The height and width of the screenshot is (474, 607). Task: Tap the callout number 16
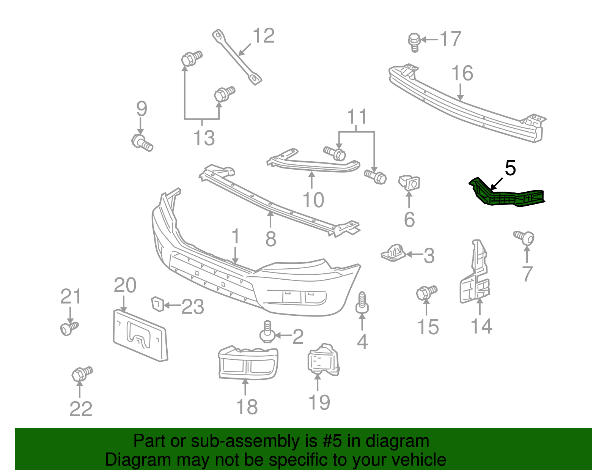pyautogui.click(x=462, y=73)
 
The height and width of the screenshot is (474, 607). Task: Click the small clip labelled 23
pyautogui.click(x=157, y=304)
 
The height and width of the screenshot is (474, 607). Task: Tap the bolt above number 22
pyautogui.click(x=82, y=373)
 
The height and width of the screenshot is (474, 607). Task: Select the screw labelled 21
pyautogui.click(x=69, y=328)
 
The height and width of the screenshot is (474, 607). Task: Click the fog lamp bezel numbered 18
pyautogui.click(x=248, y=363)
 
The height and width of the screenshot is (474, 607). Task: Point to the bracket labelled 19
pyautogui.click(x=322, y=360)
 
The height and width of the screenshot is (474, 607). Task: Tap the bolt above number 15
pyautogui.click(x=426, y=292)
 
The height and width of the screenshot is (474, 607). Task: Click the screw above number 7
pyautogui.click(x=524, y=238)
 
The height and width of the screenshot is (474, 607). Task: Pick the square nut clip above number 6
pyautogui.click(x=409, y=183)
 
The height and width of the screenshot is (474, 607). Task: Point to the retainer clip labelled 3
pyautogui.click(x=393, y=252)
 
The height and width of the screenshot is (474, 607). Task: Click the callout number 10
pyautogui.click(x=313, y=199)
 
